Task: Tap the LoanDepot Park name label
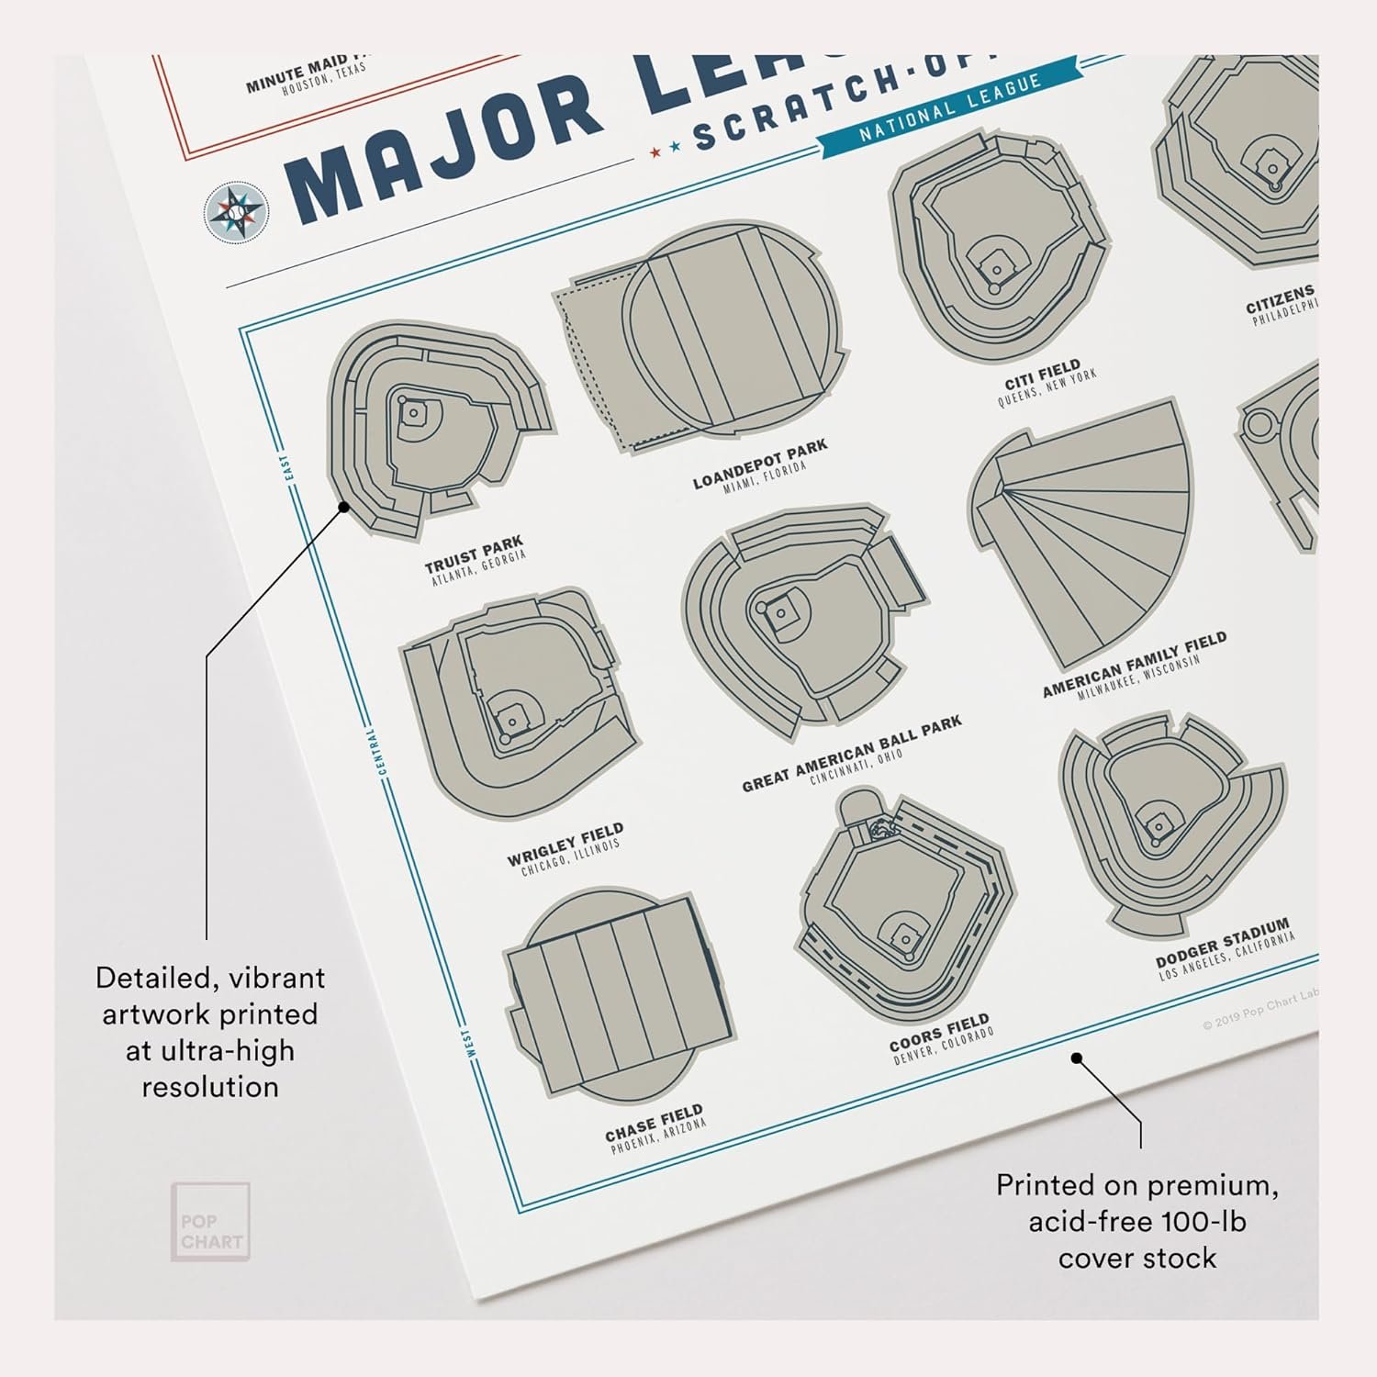pyautogui.click(x=760, y=464)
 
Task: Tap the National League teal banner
pyautogui.click(x=949, y=100)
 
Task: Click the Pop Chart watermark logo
pyautogui.click(x=210, y=1221)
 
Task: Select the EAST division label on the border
pyautogui.click(x=288, y=468)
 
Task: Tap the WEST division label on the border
pyautogui.click(x=469, y=1042)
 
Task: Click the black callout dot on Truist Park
pyautogui.click(x=343, y=506)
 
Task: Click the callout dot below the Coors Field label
pyautogui.click(x=1077, y=1058)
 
